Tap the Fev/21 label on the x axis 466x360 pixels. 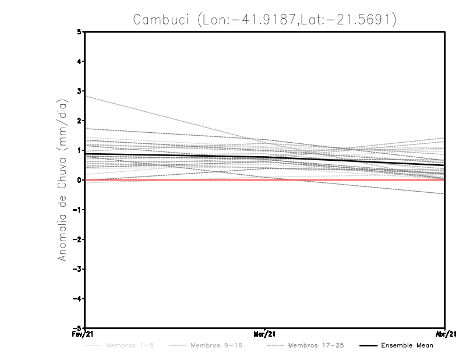(x=77, y=334)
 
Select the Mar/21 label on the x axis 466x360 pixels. (x=265, y=334)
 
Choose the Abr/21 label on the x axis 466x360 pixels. (x=445, y=334)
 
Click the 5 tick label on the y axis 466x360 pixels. (x=80, y=32)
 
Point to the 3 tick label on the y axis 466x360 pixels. (x=80, y=91)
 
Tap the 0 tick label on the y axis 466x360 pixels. (x=80, y=180)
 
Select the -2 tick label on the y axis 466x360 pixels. (x=78, y=239)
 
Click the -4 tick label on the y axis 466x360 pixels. (x=78, y=298)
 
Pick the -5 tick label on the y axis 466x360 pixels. (x=78, y=328)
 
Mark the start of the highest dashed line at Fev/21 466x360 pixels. (x=86, y=96)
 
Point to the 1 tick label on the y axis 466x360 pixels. (x=80, y=150)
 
